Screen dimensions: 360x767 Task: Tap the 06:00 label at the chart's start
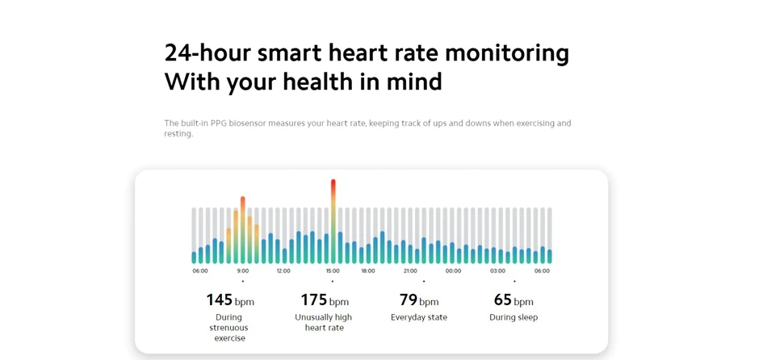[200, 271]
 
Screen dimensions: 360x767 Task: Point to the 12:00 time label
[283, 271]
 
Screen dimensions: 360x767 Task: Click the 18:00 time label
[368, 271]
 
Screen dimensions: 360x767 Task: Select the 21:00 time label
[410, 271]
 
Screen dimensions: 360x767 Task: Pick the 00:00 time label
[454, 271]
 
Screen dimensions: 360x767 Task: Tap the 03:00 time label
[498, 271]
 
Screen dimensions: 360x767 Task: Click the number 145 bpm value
[220, 300]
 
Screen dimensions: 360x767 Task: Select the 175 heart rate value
[314, 300]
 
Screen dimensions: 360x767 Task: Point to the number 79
[409, 300]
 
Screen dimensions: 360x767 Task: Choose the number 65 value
[502, 300]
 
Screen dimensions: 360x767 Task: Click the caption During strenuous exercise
[229, 328]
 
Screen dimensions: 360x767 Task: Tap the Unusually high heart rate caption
[324, 323]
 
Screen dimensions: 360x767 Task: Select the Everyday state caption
[419, 317]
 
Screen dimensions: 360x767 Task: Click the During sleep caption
[513, 317]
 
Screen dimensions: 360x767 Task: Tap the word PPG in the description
[219, 123]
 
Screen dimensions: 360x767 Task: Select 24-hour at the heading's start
[207, 52]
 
